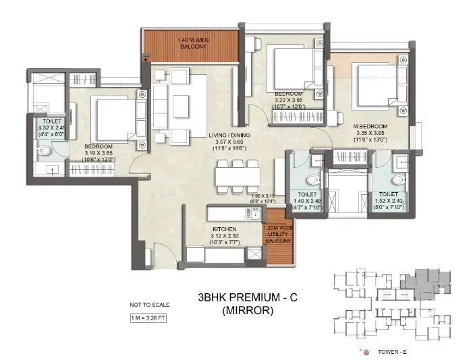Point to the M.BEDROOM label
pyautogui.click(x=370, y=126)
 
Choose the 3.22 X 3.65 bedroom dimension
pyautogui.click(x=289, y=99)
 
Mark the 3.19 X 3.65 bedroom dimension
pyautogui.click(x=99, y=152)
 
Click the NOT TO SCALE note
pyautogui.click(x=150, y=304)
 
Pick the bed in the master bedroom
pyautogui.click(x=375, y=84)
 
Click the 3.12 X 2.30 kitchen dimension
pyautogui.click(x=224, y=237)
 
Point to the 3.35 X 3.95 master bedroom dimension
pyautogui.click(x=370, y=133)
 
